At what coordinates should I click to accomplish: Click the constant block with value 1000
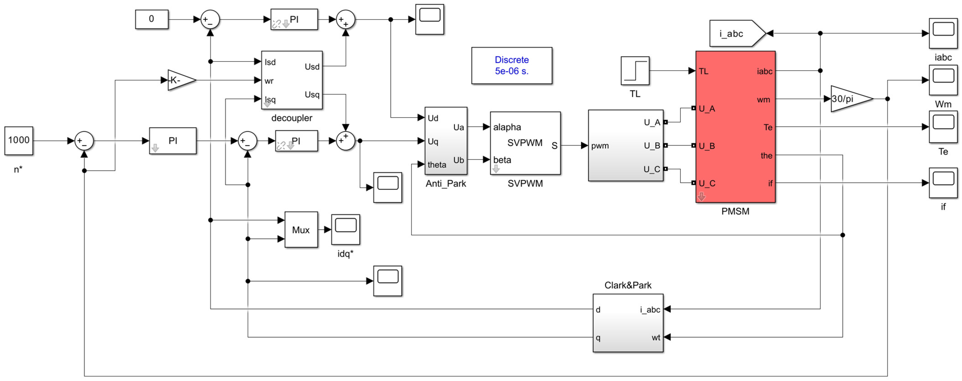coord(19,141)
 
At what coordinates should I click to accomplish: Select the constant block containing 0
coord(152,19)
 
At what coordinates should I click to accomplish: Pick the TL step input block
coord(635,71)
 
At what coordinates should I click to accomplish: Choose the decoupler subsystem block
coord(292,80)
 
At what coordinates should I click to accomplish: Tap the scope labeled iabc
coord(943,33)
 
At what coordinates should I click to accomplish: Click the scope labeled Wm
coord(943,80)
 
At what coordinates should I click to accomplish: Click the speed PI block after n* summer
coord(173,141)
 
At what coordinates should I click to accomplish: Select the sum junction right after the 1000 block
coord(84,141)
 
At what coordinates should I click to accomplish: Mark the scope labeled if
coord(943,183)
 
